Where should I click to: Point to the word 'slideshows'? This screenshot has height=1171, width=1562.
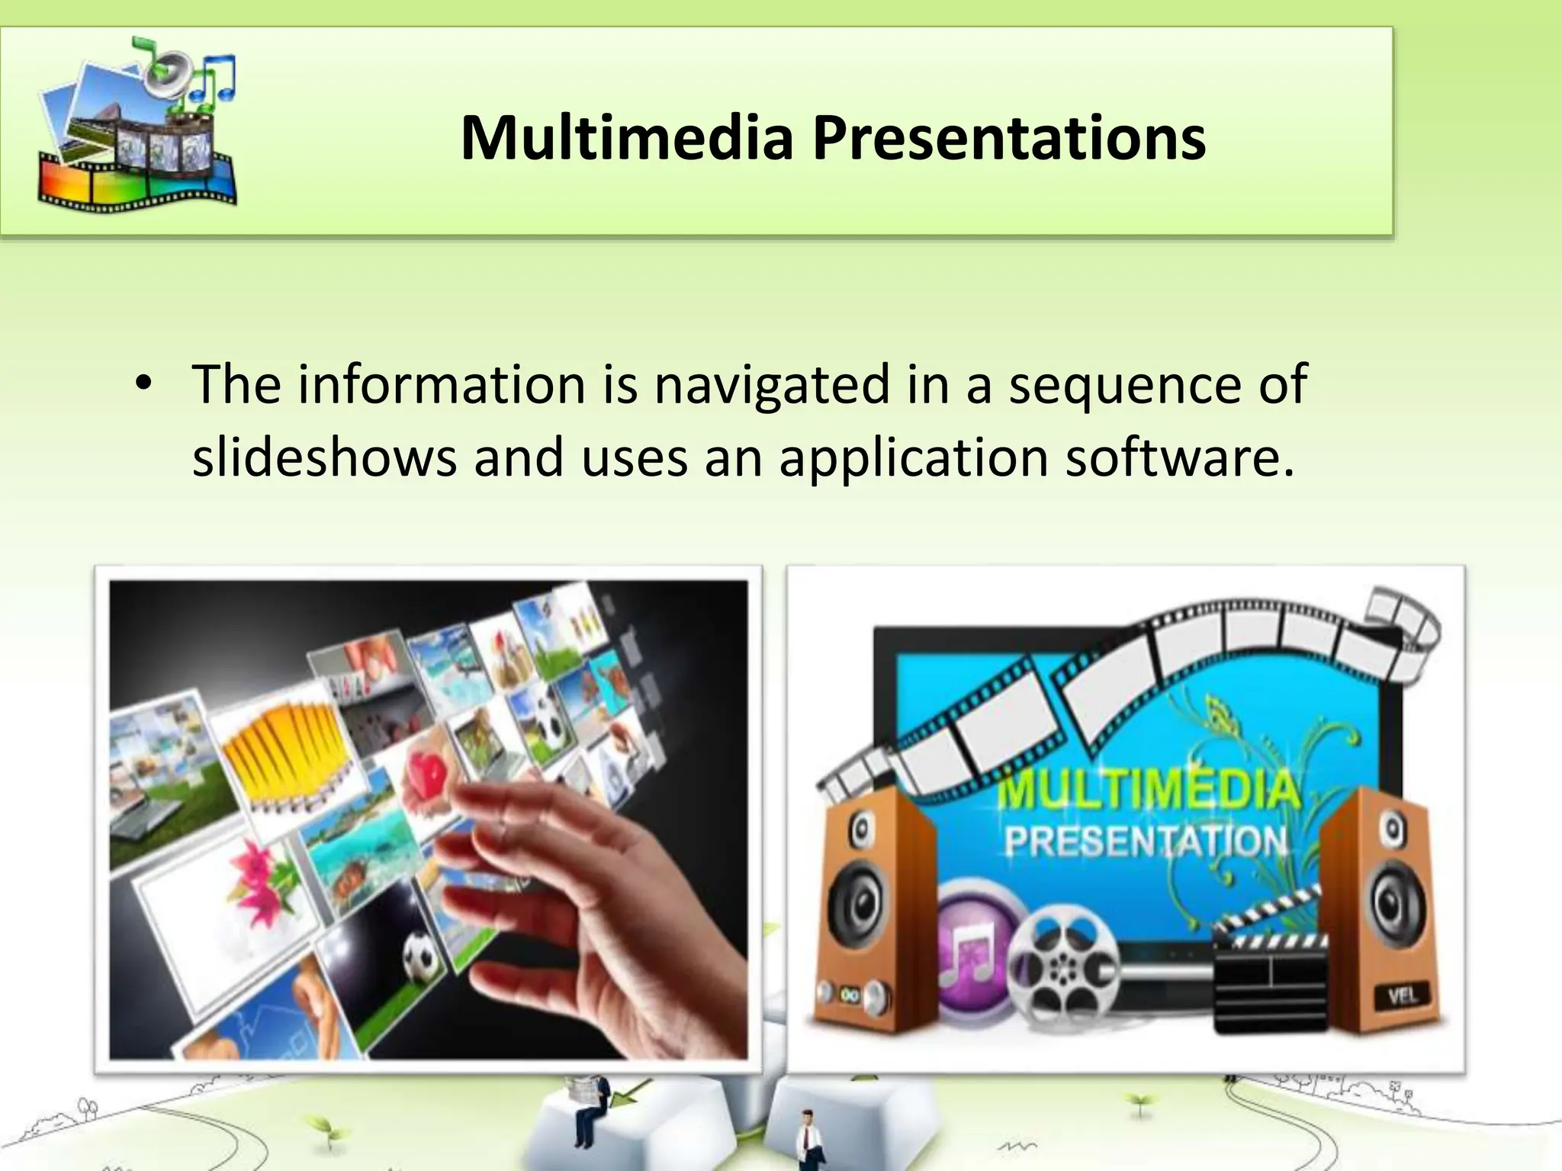[324, 458]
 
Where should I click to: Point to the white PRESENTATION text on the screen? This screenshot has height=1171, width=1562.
[1144, 840]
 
